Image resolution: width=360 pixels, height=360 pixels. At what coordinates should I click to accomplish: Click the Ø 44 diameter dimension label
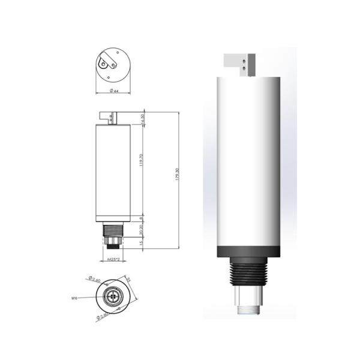(x=113, y=91)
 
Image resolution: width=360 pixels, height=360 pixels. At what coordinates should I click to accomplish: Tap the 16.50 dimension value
(x=142, y=118)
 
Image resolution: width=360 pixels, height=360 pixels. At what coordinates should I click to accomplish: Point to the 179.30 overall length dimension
(x=178, y=179)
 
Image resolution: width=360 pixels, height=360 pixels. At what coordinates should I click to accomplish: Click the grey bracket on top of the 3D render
(x=240, y=64)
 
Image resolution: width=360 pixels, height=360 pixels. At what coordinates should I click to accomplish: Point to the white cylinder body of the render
(x=247, y=162)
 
